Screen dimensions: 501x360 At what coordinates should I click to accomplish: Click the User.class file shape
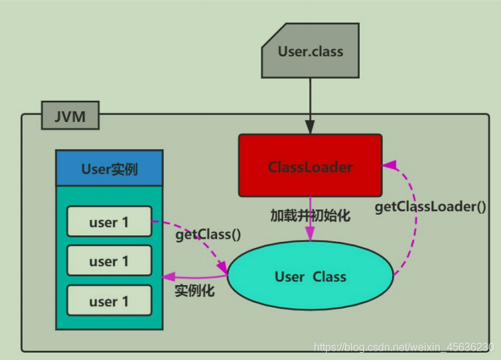(311, 50)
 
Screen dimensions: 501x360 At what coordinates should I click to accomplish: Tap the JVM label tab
(70, 115)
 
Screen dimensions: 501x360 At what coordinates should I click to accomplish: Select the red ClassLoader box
(311, 165)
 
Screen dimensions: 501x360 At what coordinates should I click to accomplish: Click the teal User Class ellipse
(311, 275)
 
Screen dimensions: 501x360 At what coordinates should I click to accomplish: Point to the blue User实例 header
(109, 168)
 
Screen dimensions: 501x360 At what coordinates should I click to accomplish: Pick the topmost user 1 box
(109, 221)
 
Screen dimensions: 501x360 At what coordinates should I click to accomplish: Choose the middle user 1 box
(109, 261)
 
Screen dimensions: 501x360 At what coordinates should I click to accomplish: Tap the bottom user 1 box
(109, 300)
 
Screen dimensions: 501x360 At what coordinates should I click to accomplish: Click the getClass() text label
(208, 235)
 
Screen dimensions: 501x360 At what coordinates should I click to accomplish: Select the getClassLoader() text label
(431, 207)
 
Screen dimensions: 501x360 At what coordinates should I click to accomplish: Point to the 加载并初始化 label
(311, 215)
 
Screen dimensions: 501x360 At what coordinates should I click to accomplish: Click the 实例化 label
(194, 290)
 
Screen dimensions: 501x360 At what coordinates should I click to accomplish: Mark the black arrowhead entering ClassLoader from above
(310, 127)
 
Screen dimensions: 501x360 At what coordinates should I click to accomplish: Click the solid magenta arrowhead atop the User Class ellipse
(310, 234)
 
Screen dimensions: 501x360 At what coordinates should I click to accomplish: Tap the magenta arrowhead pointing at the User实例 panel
(169, 276)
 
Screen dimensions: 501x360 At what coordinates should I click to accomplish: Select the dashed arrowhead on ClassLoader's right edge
(389, 164)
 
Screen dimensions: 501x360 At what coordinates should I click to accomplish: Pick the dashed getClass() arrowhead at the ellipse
(222, 267)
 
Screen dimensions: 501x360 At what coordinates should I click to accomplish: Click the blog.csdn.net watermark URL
(404, 347)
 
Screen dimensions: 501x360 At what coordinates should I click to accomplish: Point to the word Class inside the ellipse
(329, 276)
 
